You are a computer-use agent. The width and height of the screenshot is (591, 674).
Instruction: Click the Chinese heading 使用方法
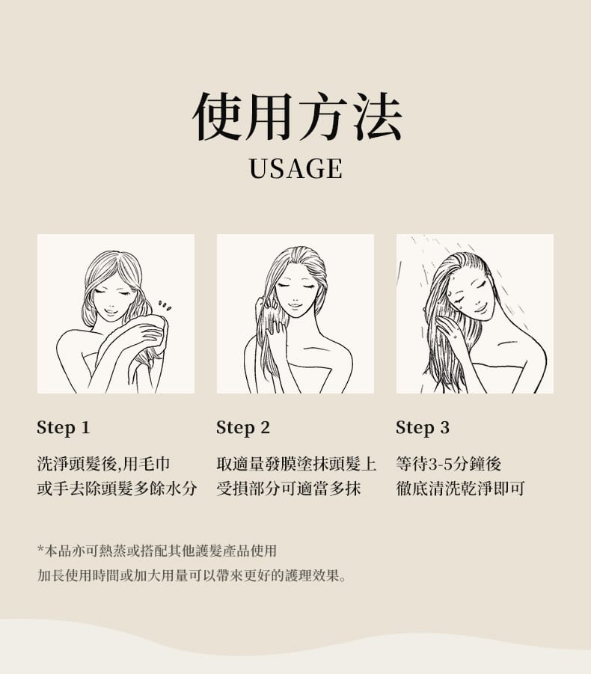pos(297,116)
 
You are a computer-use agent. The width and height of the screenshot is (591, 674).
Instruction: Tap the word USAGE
pos(296,168)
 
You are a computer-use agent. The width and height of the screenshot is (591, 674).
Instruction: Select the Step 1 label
pos(63,428)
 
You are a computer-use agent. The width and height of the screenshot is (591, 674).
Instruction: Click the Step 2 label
pos(243,428)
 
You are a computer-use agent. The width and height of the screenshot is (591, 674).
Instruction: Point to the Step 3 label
pos(423,428)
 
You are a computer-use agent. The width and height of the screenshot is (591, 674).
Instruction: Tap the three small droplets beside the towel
pos(165,306)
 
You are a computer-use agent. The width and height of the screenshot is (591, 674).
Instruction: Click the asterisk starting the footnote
pos(40,549)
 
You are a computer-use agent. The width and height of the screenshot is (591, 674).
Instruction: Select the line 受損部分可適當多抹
pos(289,488)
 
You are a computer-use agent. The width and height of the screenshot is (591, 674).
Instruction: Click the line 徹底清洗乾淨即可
pos(460,488)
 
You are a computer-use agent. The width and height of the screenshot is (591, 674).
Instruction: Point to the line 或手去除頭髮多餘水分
pos(117,488)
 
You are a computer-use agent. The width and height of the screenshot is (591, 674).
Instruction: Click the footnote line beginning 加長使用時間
pos(192,575)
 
